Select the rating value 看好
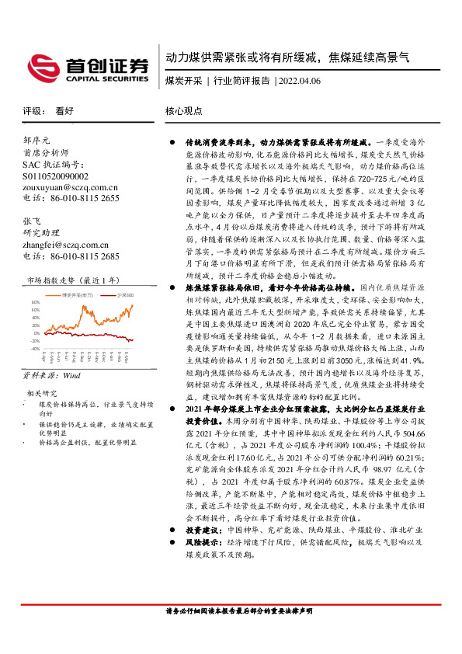pos(64,111)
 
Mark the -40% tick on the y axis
pos(34,349)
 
